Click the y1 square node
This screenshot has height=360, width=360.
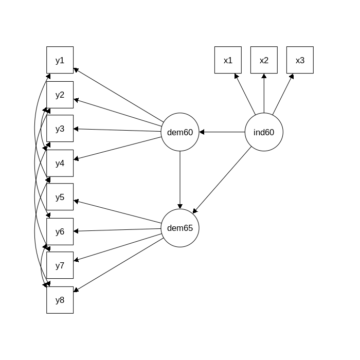coord(60,60)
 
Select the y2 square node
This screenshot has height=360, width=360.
coord(60,95)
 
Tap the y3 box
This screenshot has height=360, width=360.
coord(60,129)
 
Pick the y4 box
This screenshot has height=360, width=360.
coord(60,163)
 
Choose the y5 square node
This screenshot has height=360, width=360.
coord(60,197)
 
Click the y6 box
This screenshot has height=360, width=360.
coord(60,231)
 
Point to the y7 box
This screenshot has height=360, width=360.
coord(60,265)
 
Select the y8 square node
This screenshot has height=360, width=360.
coord(60,300)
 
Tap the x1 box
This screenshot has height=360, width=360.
coord(228,60)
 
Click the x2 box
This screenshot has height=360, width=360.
coord(264,60)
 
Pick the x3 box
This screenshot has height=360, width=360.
coord(300,60)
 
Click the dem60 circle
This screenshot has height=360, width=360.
coord(180,132)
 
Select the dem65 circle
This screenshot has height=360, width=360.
coord(180,228)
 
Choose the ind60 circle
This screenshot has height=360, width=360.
coord(264,132)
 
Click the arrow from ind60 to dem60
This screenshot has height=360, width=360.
coord(222,132)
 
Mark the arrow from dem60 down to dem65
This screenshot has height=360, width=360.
coord(180,180)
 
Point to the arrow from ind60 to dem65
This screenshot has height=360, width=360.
coord(222,180)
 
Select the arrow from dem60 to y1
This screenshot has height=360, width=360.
coord(118,95)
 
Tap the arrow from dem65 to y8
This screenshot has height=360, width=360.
coord(118,265)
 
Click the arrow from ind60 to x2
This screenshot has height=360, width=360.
coord(264,93)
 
